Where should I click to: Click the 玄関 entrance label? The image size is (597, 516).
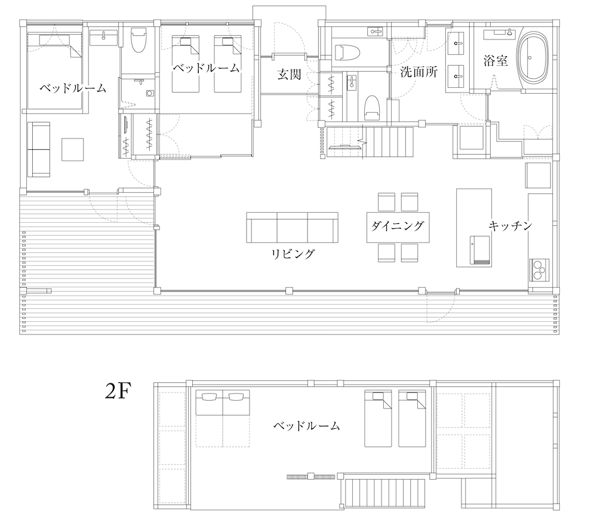click(x=288, y=75)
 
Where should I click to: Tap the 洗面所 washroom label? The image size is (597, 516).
click(x=418, y=73)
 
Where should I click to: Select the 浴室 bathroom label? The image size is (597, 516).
click(x=496, y=60)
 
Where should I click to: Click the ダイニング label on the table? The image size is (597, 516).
click(x=397, y=226)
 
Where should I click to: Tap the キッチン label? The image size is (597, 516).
click(x=510, y=226)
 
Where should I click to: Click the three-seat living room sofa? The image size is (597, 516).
click(x=292, y=228)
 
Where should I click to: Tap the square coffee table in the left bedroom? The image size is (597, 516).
click(x=73, y=149)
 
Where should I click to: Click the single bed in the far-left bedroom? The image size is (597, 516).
click(x=54, y=70)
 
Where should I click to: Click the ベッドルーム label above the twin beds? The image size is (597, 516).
click(x=206, y=67)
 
